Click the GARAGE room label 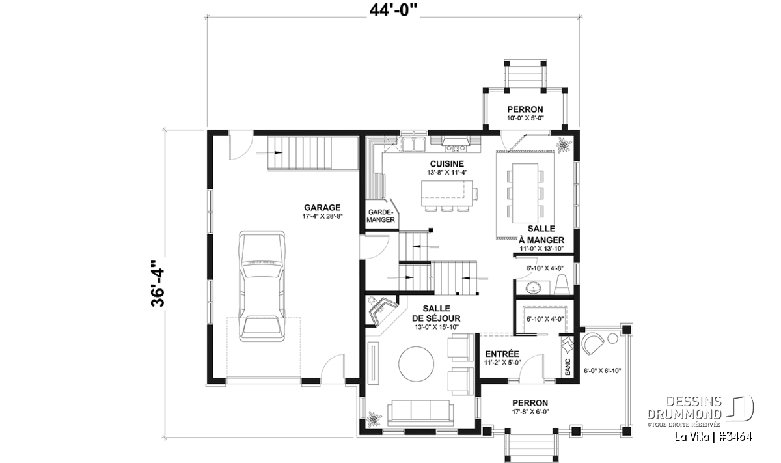[x=322, y=208]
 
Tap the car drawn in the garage [x=262, y=286]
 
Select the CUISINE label [x=447, y=163]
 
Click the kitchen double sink [x=414, y=145]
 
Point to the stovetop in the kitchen [x=456, y=148]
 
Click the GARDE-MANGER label [x=380, y=216]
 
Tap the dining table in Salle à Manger [x=525, y=193]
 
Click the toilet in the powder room [x=562, y=285]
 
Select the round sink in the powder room [x=533, y=288]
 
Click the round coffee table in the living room [x=417, y=364]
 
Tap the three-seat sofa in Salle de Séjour [x=420, y=413]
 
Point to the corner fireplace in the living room [x=383, y=311]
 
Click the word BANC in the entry [x=568, y=367]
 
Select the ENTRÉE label [x=502, y=354]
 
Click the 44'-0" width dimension [x=394, y=10]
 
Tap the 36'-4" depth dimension [x=158, y=283]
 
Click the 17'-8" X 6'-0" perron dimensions [x=530, y=412]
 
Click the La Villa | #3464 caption [x=713, y=436]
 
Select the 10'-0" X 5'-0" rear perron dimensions [x=525, y=119]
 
